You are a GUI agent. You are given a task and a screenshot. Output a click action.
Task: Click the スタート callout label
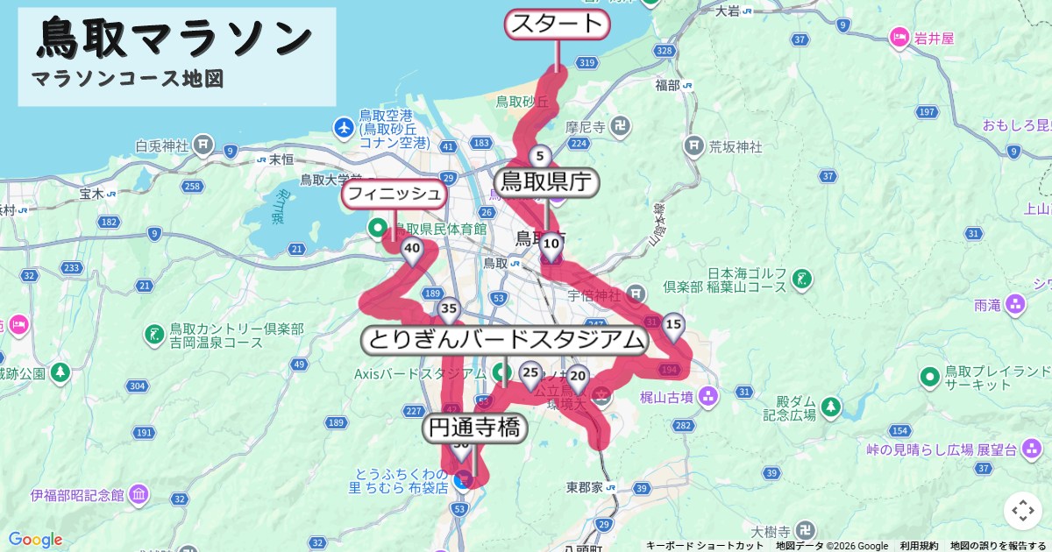tap(557, 25)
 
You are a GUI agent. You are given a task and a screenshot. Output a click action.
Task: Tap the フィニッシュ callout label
tap(394, 194)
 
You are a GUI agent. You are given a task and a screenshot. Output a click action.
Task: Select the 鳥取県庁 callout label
tap(547, 182)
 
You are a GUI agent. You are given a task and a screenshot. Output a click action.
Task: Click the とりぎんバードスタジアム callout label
tap(505, 340)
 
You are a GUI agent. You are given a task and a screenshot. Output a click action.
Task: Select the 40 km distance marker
tap(411, 250)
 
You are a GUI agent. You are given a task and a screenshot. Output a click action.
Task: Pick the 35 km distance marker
tap(449, 309)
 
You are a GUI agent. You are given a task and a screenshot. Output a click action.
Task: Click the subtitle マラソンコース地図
tap(127, 79)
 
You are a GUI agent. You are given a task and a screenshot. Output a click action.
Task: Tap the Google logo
tap(35, 539)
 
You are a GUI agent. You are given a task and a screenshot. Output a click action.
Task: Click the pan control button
tap(1022, 511)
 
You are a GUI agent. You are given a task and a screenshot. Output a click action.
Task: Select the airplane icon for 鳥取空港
tap(345, 129)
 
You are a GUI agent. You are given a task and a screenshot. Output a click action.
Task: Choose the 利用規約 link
tap(919, 546)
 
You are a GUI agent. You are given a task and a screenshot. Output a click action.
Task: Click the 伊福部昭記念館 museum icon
tap(138, 495)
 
